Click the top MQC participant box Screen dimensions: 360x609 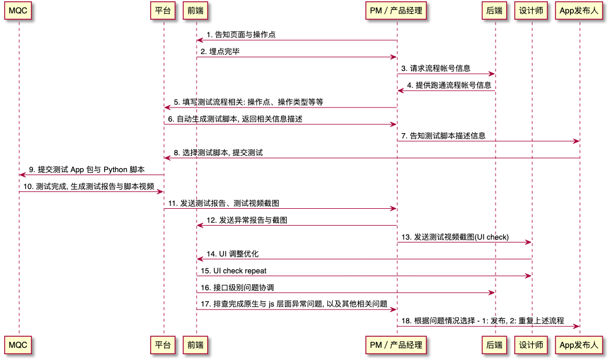point(18,10)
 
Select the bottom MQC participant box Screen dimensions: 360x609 point(18,345)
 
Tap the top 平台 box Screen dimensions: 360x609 point(163,10)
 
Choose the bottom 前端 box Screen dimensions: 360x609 point(196,345)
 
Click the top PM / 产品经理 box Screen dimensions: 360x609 point(397,10)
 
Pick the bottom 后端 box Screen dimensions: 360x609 point(495,345)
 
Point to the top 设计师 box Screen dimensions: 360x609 point(532,10)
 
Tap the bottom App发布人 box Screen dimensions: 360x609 point(579,345)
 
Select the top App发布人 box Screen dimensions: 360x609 point(579,10)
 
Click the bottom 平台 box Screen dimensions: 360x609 point(163,345)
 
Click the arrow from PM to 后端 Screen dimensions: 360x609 point(446,74)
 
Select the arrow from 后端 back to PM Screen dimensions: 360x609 point(446,91)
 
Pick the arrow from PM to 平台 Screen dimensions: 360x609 point(280,108)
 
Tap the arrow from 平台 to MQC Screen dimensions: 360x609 point(91,175)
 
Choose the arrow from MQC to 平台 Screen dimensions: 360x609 point(91,192)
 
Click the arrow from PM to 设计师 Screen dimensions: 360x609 point(464,242)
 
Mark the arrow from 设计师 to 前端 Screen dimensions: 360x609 point(364,259)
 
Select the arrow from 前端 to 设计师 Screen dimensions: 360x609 point(364,276)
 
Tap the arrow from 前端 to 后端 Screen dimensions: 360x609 point(346,293)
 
